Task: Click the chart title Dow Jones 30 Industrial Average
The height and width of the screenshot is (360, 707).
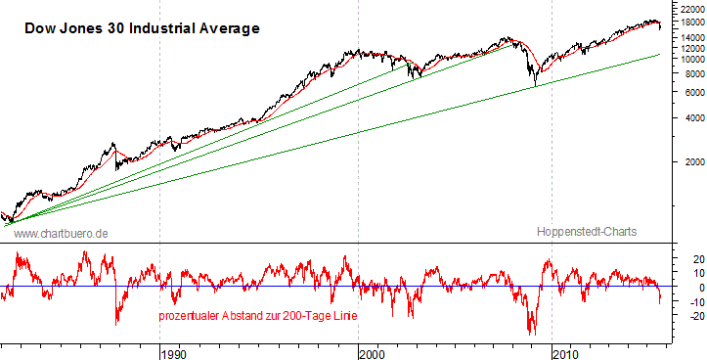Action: coord(142,28)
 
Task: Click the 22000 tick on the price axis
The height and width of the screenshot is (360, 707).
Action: coord(685,8)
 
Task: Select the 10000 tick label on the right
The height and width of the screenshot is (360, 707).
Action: coord(685,58)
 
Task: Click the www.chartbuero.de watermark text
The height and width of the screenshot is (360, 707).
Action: coord(61,233)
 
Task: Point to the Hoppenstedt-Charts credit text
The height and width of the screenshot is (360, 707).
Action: coord(587,232)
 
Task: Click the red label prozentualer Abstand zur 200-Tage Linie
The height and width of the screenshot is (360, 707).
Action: coord(257,317)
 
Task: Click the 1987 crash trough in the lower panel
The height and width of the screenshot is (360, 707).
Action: coord(117,324)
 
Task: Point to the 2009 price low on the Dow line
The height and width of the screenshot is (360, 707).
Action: coord(535,86)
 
